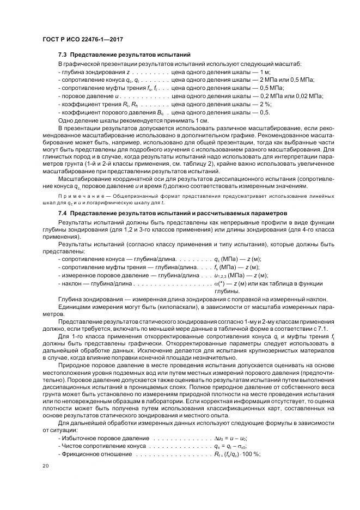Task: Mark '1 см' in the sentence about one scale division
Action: tap(202, 120)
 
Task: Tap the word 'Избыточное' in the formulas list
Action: tap(80, 438)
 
